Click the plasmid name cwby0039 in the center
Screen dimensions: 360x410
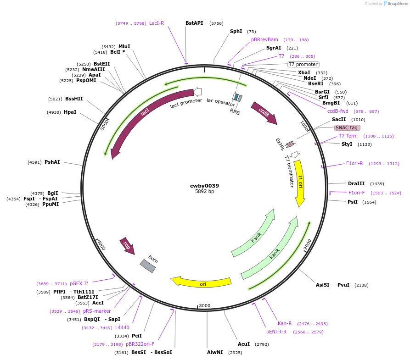point(204,186)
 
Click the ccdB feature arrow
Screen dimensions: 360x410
point(264,113)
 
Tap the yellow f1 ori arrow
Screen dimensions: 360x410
point(300,181)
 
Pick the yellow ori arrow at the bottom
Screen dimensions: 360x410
point(202,282)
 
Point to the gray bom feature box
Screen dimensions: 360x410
point(147,266)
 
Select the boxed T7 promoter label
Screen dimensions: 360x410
point(303,64)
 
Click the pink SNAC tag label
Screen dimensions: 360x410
point(347,127)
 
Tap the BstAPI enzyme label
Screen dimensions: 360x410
point(194,23)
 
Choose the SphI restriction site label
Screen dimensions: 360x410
point(236,31)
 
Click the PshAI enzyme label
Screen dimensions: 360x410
point(52,162)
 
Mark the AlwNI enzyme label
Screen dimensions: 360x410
point(215,352)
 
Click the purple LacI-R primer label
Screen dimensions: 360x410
point(157,23)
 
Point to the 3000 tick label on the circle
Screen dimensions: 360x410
point(205,305)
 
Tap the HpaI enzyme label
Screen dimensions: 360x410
point(70,112)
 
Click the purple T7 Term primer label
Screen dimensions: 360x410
point(348,136)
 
